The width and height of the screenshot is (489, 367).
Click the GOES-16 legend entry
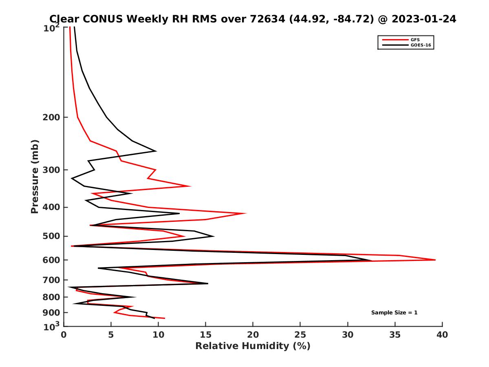(420, 45)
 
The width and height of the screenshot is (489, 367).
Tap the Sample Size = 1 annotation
(394, 313)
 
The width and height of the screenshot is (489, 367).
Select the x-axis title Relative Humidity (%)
(253, 346)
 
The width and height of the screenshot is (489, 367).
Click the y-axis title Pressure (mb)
(35, 177)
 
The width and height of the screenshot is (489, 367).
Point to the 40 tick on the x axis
(442, 335)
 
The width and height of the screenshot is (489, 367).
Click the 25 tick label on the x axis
(300, 335)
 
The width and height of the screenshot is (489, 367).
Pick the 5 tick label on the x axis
(111, 335)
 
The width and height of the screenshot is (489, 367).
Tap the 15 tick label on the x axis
(205, 335)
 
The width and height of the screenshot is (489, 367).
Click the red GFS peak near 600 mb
(435, 260)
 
